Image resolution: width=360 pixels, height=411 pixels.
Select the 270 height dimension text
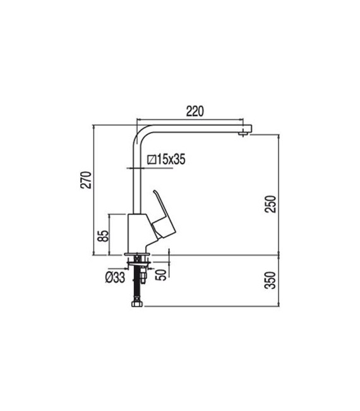(x=87, y=181)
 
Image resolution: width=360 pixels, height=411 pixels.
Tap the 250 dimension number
(x=272, y=203)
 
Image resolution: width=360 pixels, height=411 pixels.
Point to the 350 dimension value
(x=272, y=282)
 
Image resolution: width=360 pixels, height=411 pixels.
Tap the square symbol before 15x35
(x=152, y=160)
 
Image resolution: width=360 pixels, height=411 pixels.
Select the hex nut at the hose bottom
(x=136, y=304)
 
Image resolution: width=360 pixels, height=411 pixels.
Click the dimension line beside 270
(x=93, y=189)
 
